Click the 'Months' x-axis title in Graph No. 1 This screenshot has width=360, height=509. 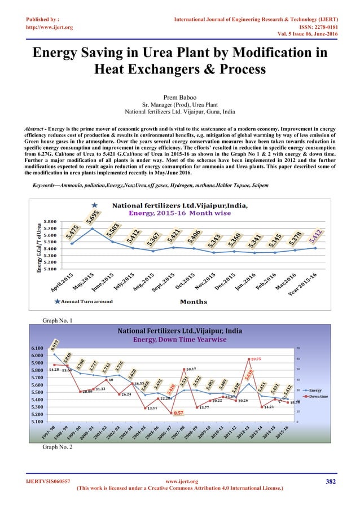point(193,301)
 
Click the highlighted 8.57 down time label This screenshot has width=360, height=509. point(178,413)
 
